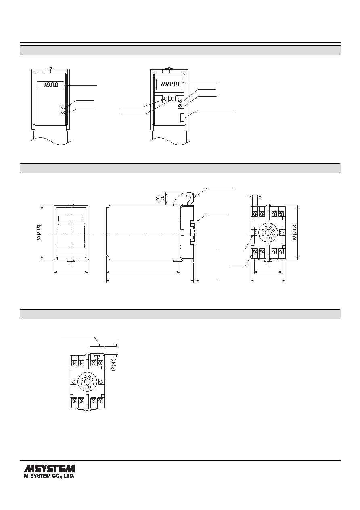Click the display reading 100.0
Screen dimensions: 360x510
pyautogui.click(x=50, y=85)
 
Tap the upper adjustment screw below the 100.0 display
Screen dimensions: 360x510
pyautogui.click(x=63, y=107)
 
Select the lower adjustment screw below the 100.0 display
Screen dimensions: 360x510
pyautogui.click(x=63, y=113)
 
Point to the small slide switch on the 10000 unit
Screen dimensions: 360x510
pyautogui.click(x=182, y=118)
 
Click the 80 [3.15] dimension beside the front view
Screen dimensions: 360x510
pyautogui.click(x=39, y=233)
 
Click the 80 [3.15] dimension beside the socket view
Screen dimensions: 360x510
pyautogui.click(x=295, y=233)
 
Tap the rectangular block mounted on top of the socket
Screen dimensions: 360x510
pyautogui.click(x=97, y=350)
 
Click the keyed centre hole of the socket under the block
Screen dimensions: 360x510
pyautogui.click(x=87, y=382)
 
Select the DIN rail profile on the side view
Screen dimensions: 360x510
pyautogui.click(x=193, y=233)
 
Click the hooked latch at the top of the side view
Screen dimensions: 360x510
pyautogui.click(x=189, y=198)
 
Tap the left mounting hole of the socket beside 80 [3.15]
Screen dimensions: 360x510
pyautogui.click(x=255, y=233)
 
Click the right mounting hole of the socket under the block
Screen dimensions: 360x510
pyautogui.click(x=101, y=382)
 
